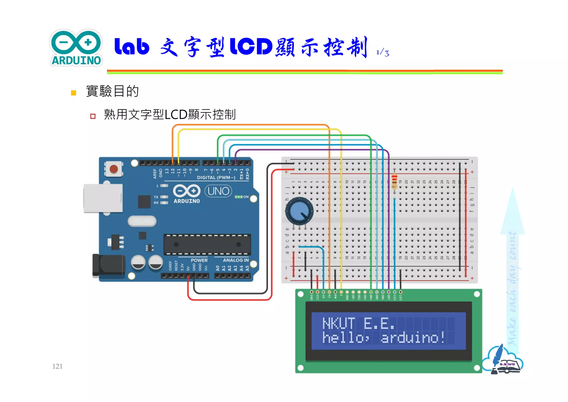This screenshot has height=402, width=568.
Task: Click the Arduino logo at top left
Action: [76, 48]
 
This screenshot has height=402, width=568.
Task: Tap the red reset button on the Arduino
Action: [114, 169]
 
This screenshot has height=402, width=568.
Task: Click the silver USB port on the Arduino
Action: [103, 198]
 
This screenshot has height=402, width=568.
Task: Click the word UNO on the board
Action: [218, 191]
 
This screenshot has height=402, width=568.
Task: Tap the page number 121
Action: [57, 366]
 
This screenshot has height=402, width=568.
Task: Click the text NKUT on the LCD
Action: [339, 323]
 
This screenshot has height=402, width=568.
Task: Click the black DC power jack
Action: [109, 265]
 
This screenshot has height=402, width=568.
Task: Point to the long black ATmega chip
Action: [207, 244]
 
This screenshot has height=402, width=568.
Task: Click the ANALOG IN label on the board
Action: [235, 260]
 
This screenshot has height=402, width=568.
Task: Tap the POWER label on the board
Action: [199, 260]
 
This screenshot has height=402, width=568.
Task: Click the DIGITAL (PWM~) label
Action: [216, 177]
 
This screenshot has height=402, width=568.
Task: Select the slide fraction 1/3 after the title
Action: [383, 52]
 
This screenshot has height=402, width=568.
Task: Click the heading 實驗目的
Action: [112, 91]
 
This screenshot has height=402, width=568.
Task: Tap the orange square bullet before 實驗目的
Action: [73, 93]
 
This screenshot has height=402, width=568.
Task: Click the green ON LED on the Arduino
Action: [238, 197]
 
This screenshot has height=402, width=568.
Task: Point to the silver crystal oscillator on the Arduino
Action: [142, 221]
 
